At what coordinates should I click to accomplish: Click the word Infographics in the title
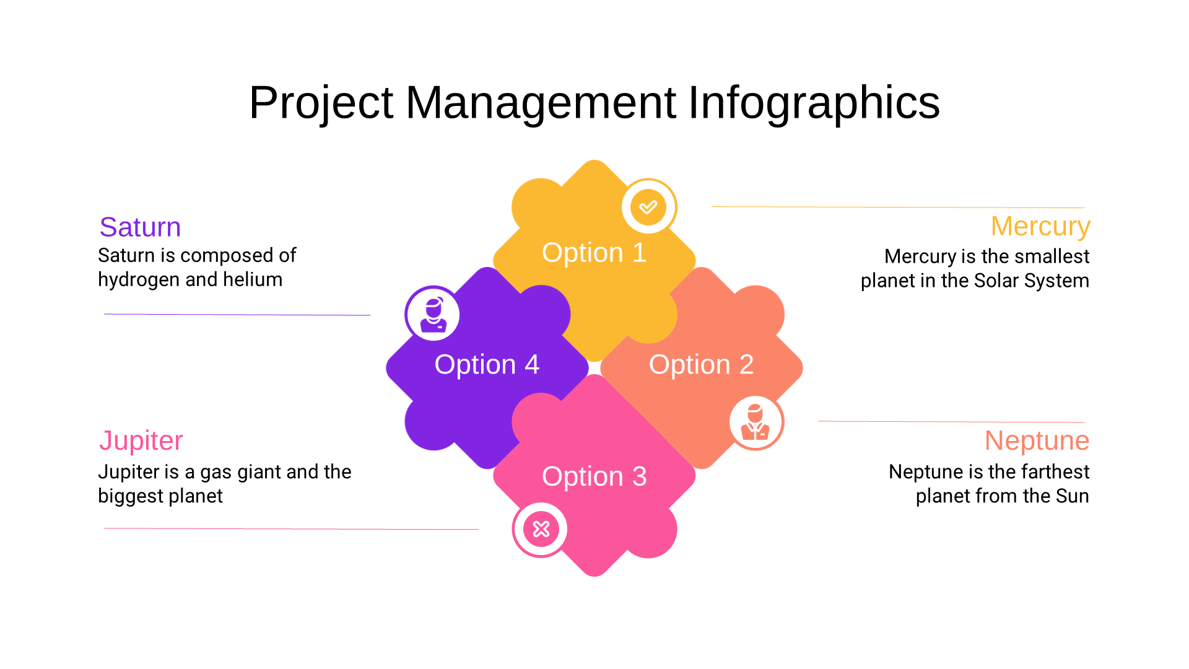point(814,103)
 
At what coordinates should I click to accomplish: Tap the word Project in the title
point(321,103)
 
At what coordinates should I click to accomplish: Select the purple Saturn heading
point(140,227)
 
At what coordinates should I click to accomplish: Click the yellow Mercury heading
point(1040,227)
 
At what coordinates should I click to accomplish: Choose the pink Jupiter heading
point(141,441)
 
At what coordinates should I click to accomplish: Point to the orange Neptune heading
point(1037,441)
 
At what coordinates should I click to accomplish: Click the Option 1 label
point(594,253)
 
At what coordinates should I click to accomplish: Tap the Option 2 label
point(701,365)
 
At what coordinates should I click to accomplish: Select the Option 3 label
point(594,477)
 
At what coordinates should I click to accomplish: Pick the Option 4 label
point(487,365)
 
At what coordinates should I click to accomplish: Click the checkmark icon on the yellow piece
point(648,207)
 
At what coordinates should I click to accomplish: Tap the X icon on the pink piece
point(541,529)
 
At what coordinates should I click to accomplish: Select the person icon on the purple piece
point(433,313)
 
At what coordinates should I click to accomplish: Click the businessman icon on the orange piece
point(756,422)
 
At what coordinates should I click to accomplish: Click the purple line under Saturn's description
point(237,315)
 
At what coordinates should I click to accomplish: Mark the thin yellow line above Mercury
point(898,207)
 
